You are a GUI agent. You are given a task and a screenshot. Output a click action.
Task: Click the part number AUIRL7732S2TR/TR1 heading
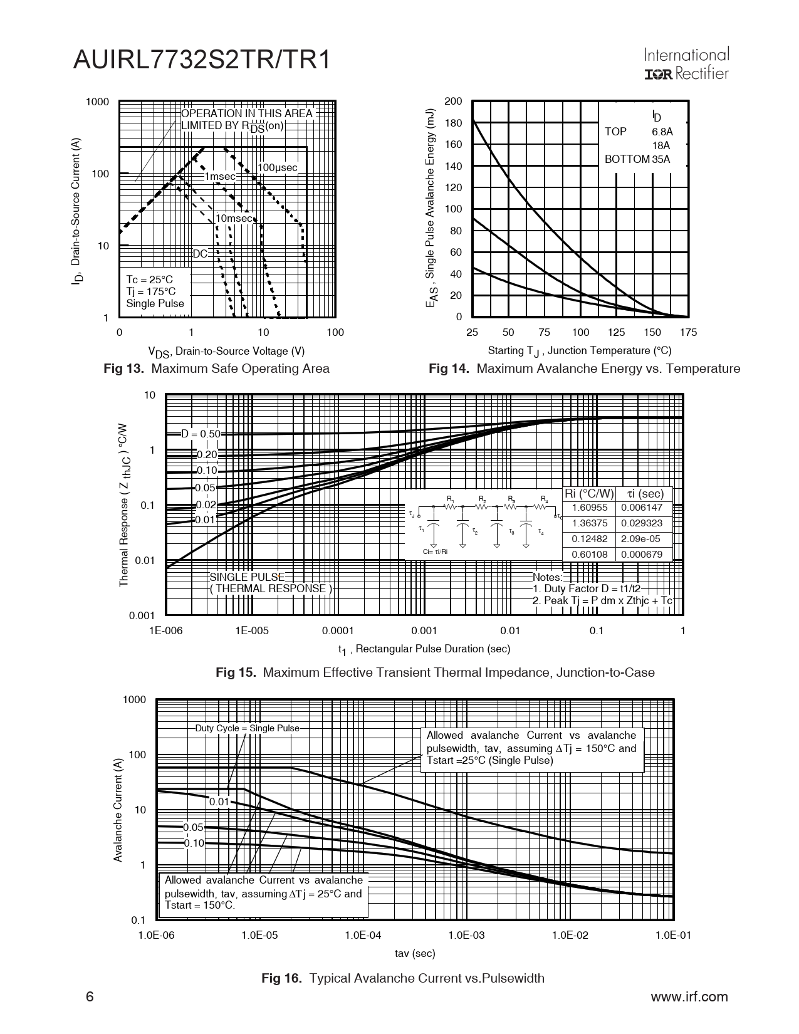pos(201,60)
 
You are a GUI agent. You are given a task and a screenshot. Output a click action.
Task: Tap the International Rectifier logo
pos(686,65)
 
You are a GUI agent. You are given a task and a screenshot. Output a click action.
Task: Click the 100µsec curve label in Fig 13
pos(278,168)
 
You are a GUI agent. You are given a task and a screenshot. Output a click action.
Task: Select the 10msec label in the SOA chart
pos(233,219)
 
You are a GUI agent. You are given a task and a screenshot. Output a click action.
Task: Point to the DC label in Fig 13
pos(200,254)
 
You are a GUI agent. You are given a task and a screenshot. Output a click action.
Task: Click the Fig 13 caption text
pos(216,368)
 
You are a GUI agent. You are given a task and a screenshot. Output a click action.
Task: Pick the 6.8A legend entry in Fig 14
pos(662,132)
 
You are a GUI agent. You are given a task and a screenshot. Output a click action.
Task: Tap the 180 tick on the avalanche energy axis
pos(453,123)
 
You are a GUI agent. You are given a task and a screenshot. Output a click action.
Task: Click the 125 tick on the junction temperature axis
pos(616,332)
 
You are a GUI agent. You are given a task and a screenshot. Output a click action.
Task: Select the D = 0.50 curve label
pos(201,434)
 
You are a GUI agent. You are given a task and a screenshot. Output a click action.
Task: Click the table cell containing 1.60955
pos(590,508)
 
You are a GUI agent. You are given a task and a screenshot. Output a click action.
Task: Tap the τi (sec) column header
pos(645,494)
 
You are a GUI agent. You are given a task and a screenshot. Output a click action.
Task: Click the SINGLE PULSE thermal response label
pos(247,577)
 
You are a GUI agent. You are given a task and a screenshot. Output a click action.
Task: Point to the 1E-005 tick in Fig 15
pos(252,630)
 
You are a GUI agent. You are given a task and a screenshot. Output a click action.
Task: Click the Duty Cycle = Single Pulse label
pos(248,728)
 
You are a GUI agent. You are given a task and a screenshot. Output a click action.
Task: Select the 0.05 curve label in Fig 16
pos(194,827)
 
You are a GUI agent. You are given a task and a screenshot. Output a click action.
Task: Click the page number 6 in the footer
pos(90,997)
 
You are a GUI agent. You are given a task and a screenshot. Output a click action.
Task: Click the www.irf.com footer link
pos(689,997)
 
